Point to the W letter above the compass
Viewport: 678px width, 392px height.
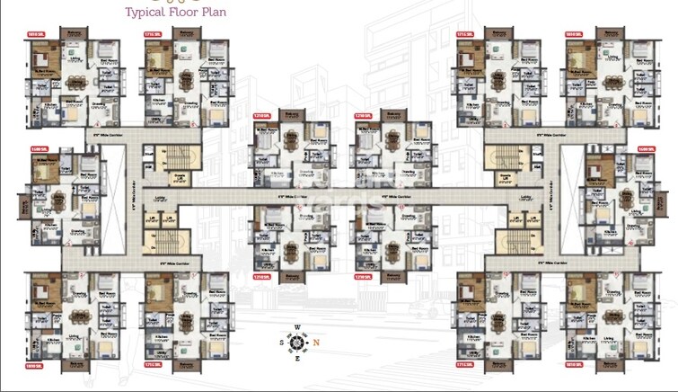[296, 327]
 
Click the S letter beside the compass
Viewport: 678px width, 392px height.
[281, 343]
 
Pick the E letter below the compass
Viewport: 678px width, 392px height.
[296, 358]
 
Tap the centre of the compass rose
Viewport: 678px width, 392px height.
[296, 343]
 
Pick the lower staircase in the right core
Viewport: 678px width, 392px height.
[515, 240]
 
